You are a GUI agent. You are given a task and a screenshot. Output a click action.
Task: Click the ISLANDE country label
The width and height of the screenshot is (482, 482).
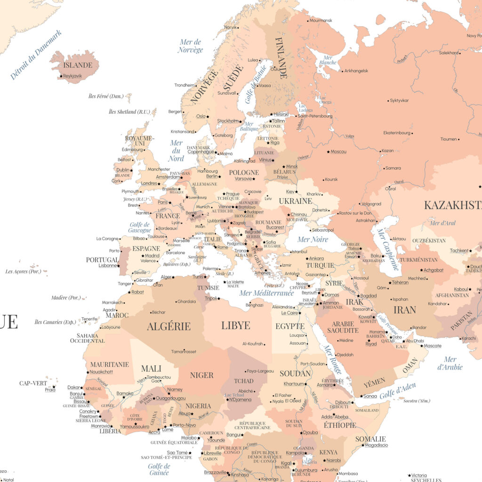[x=78, y=65]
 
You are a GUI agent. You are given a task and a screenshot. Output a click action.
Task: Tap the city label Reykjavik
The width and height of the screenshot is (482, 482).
[x=72, y=76]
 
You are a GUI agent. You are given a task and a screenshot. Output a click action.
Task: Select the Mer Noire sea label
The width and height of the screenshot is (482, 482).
[x=313, y=239]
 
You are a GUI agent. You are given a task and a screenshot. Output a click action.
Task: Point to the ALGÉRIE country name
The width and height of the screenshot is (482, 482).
[x=169, y=326]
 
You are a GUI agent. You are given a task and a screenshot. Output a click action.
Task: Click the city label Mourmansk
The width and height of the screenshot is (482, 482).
[x=321, y=20]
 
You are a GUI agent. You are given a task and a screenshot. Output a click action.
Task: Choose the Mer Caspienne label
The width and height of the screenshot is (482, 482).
[x=388, y=249]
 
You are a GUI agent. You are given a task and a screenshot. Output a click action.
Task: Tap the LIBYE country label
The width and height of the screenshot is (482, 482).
[x=235, y=325]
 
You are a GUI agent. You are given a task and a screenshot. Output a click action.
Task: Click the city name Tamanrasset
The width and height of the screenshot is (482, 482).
[x=184, y=352]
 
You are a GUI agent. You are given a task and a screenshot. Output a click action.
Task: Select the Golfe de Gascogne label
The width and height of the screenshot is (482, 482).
[x=140, y=227]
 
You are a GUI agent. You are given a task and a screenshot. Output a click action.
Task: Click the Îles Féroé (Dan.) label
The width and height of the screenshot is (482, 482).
[x=106, y=96]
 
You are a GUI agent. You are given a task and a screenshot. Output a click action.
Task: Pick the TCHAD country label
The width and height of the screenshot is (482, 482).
[x=243, y=381]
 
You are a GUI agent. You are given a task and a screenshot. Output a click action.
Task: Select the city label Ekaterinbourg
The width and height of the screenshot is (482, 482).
[x=397, y=133]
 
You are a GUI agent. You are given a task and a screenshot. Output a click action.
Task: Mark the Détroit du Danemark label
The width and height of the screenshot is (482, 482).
[x=36, y=55]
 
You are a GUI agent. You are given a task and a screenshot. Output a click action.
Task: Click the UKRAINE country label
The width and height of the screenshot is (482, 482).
[x=295, y=201]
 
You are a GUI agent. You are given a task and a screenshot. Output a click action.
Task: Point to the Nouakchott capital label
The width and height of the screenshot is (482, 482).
[x=101, y=372]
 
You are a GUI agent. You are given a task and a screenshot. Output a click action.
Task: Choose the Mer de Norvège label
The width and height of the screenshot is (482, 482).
[x=191, y=46]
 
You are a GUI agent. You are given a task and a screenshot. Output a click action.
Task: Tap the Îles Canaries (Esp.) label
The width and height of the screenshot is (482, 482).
[x=55, y=322]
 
